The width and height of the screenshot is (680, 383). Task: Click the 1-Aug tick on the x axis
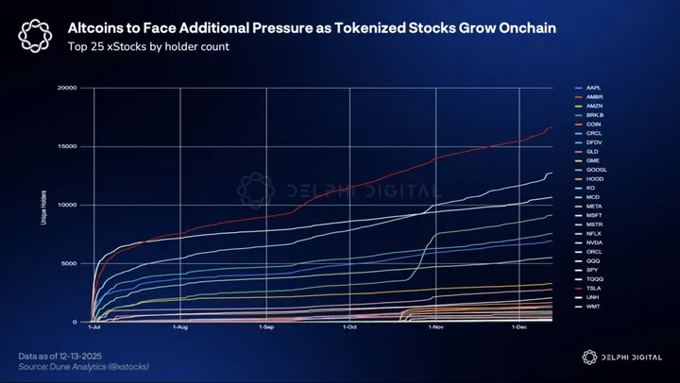(180, 328)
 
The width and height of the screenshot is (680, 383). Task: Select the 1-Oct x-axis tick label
(349, 328)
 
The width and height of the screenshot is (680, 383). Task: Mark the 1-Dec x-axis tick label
(518, 328)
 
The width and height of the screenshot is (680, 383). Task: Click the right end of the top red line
(552, 127)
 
